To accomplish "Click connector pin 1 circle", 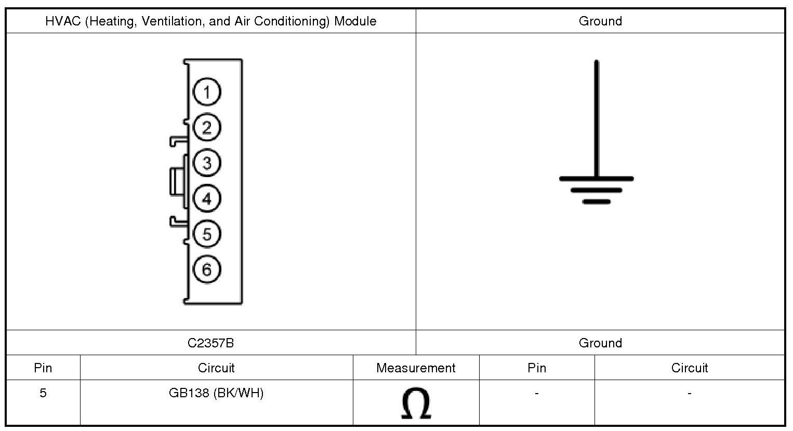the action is tap(207, 92).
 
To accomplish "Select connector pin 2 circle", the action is tap(207, 128).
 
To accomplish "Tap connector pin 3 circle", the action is tap(207, 163).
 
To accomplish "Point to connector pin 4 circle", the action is tap(207, 198).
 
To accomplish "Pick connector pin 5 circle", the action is tap(207, 234).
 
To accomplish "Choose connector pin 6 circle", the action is tap(207, 269).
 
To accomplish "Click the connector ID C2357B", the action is tap(210, 343).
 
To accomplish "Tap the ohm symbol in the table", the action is tap(416, 403).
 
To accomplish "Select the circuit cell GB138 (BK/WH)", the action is tap(216, 393).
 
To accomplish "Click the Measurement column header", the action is tap(416, 368).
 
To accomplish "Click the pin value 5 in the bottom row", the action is tap(43, 393).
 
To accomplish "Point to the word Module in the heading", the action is tap(355, 21).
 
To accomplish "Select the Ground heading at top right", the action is tap(600, 21).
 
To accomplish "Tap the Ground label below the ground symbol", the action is tap(600, 343).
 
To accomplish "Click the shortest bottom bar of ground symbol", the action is tap(596, 201).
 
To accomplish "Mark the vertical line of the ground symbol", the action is tap(596, 119).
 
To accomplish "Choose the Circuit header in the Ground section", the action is tap(689, 368).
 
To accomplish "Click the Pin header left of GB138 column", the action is tap(43, 368).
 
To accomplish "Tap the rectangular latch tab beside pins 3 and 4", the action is tap(177, 181).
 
